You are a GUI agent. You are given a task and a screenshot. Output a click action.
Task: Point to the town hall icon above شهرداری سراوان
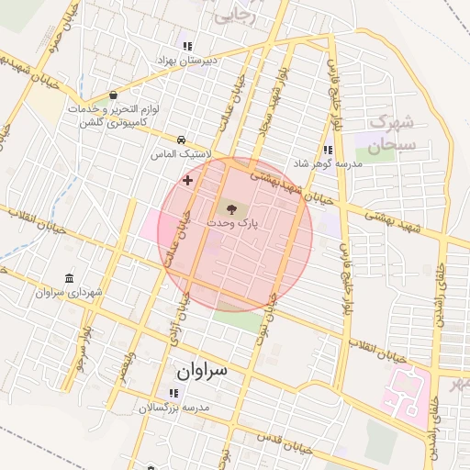70,279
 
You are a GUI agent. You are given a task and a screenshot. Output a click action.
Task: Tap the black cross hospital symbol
188,181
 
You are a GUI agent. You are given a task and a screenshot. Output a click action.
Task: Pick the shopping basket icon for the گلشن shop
113,95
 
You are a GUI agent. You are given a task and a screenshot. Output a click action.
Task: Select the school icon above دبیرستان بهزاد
187,45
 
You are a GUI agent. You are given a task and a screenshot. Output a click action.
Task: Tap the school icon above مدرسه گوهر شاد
328,150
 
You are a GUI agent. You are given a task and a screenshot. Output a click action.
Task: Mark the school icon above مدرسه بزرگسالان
173,393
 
